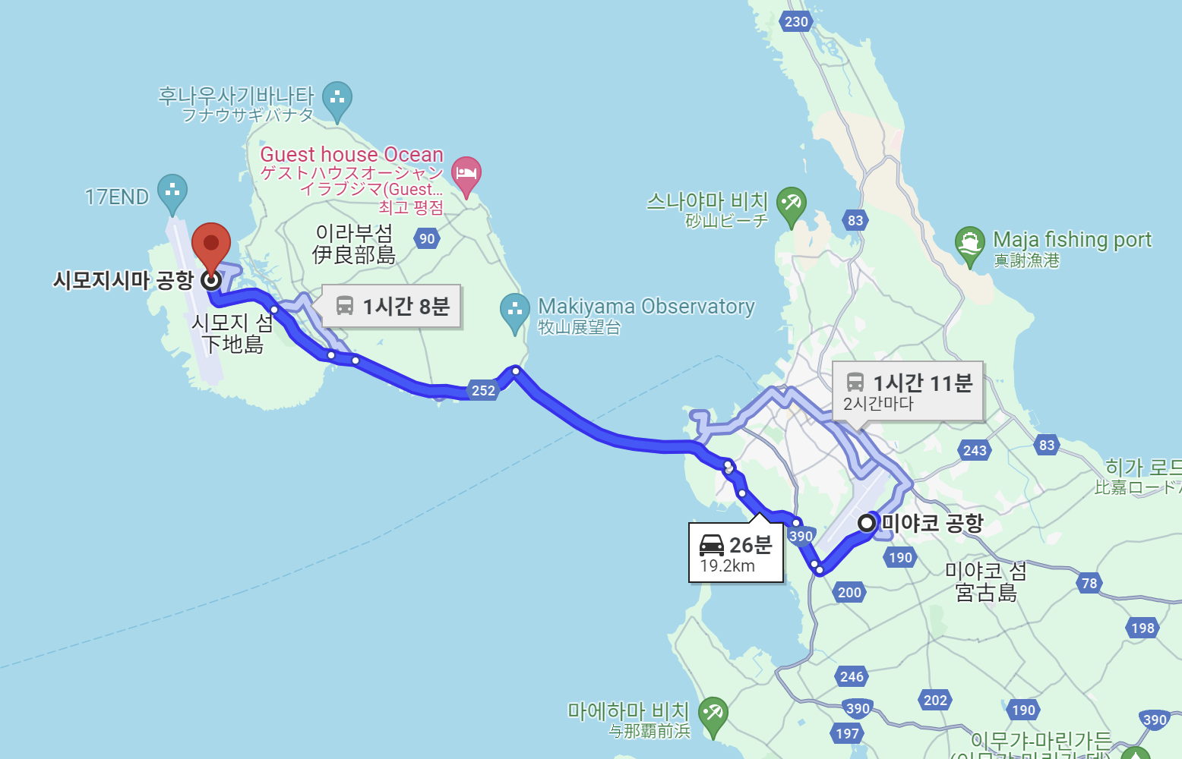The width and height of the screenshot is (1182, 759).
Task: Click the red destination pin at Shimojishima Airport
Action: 211,244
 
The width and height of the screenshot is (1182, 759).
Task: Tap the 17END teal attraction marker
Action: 172,191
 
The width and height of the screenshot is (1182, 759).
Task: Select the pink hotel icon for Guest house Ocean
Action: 466,174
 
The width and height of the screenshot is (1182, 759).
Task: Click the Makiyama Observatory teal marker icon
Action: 515,310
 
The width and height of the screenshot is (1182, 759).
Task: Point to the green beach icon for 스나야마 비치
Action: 791,203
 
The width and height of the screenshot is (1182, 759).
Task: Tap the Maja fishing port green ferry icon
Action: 969,243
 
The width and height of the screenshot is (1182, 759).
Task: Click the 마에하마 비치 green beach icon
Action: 713,713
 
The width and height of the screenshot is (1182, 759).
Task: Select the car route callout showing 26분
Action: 735,553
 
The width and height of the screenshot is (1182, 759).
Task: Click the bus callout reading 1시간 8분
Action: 392,306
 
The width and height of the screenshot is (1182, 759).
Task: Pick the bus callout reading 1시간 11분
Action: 908,392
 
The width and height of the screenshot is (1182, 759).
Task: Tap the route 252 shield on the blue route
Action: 483,390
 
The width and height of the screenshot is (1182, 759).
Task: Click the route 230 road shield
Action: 796,21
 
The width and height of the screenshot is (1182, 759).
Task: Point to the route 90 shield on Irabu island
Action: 427,238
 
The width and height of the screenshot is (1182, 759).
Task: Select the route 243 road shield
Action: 975,450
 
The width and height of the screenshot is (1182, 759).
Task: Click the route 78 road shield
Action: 1089,583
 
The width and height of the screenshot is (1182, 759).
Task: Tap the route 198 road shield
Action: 1142,628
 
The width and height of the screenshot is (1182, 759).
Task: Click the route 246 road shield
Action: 852,676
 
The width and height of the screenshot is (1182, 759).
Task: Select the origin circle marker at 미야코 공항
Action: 867,523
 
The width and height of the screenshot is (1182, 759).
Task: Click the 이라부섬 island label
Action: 354,244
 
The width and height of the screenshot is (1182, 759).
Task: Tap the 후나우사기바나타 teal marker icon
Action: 337,99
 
